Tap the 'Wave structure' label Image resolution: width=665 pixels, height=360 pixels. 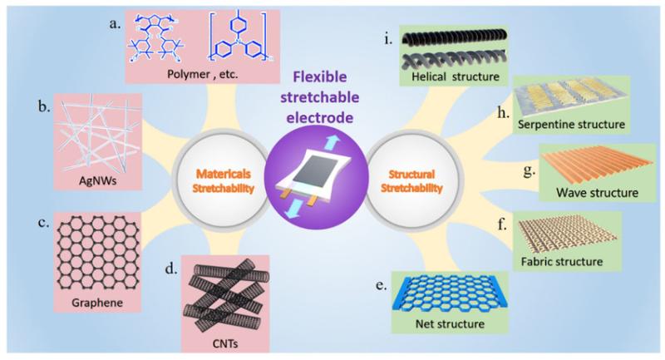point(598,193)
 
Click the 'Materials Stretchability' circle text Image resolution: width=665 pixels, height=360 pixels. point(223,180)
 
